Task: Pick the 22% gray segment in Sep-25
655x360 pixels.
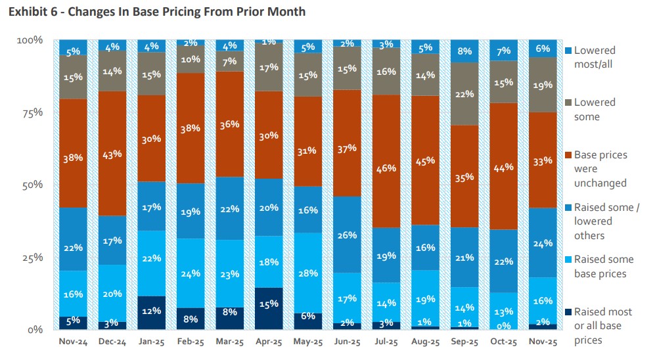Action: pyautogui.click(x=464, y=94)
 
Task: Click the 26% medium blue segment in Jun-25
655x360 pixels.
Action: pyautogui.click(x=347, y=235)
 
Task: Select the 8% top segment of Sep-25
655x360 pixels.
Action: pyautogui.click(x=464, y=51)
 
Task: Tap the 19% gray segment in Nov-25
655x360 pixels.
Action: pyautogui.click(x=542, y=85)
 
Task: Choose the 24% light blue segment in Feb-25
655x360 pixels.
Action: pyautogui.click(x=191, y=273)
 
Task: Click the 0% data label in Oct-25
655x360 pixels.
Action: pyautogui.click(x=503, y=325)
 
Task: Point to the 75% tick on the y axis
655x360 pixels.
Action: pyautogui.click(x=29, y=112)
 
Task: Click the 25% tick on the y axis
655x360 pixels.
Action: pyautogui.click(x=29, y=257)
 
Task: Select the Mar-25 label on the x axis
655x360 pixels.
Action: pyautogui.click(x=229, y=342)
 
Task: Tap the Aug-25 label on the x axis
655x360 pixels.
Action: pyautogui.click(x=424, y=342)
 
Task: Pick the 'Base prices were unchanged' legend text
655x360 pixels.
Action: pyautogui.click(x=600, y=169)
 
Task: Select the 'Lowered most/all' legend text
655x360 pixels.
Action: pyautogui.click(x=595, y=57)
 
